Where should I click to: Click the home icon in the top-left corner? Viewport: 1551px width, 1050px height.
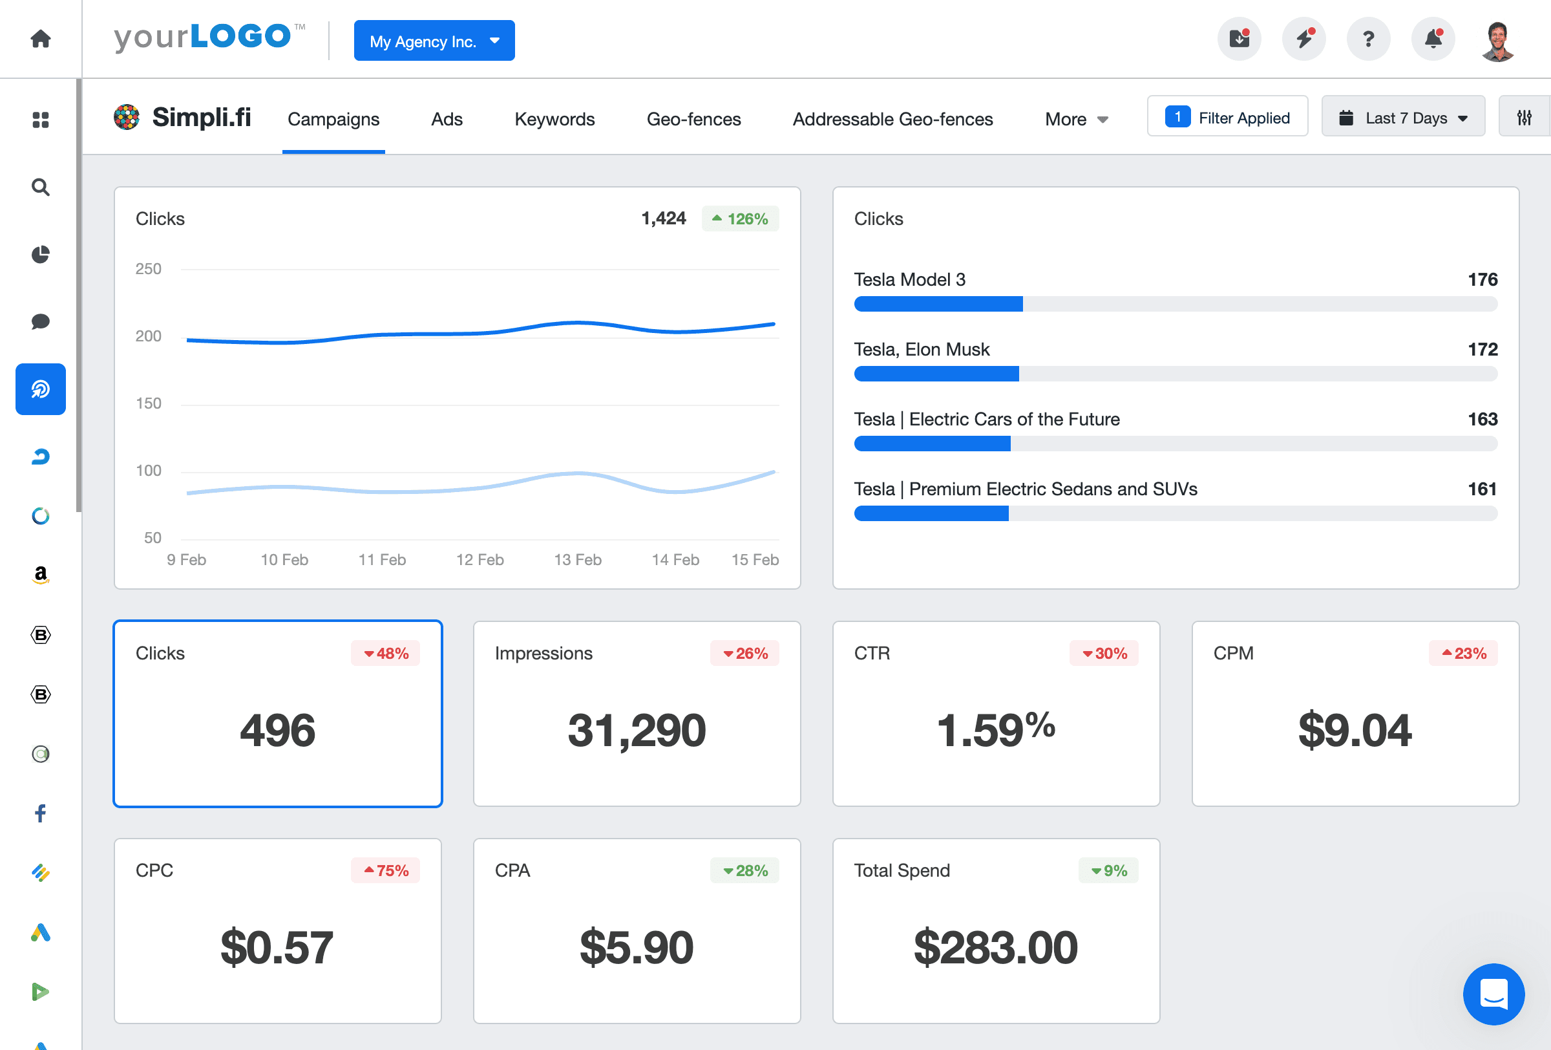41,39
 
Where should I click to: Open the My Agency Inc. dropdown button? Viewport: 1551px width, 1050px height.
434,41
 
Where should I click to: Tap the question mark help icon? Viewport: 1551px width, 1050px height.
1368,39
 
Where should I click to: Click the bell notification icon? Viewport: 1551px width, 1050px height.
1433,39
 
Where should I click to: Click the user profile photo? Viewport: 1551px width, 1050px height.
1497,41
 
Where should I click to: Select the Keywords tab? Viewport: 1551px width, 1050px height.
554,119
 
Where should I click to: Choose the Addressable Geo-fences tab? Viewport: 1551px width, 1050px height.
892,119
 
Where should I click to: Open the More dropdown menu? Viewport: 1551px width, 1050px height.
1076,119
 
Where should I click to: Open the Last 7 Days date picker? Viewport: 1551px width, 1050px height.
1403,118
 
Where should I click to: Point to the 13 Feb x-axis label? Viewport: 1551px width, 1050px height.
577,559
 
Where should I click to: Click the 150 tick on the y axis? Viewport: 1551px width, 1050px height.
148,403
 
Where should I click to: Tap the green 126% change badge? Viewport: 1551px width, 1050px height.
739,219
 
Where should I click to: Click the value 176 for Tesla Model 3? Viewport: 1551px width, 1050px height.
1482,279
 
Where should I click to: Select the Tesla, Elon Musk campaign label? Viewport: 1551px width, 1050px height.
921,349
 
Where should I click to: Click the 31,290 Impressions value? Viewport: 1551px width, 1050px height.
636,729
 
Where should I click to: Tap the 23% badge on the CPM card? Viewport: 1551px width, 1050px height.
1463,653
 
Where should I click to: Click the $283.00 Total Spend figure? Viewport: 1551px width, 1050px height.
995,947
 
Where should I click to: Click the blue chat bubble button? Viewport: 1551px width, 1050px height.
1493,993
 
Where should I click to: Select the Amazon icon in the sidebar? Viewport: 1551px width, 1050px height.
41,574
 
